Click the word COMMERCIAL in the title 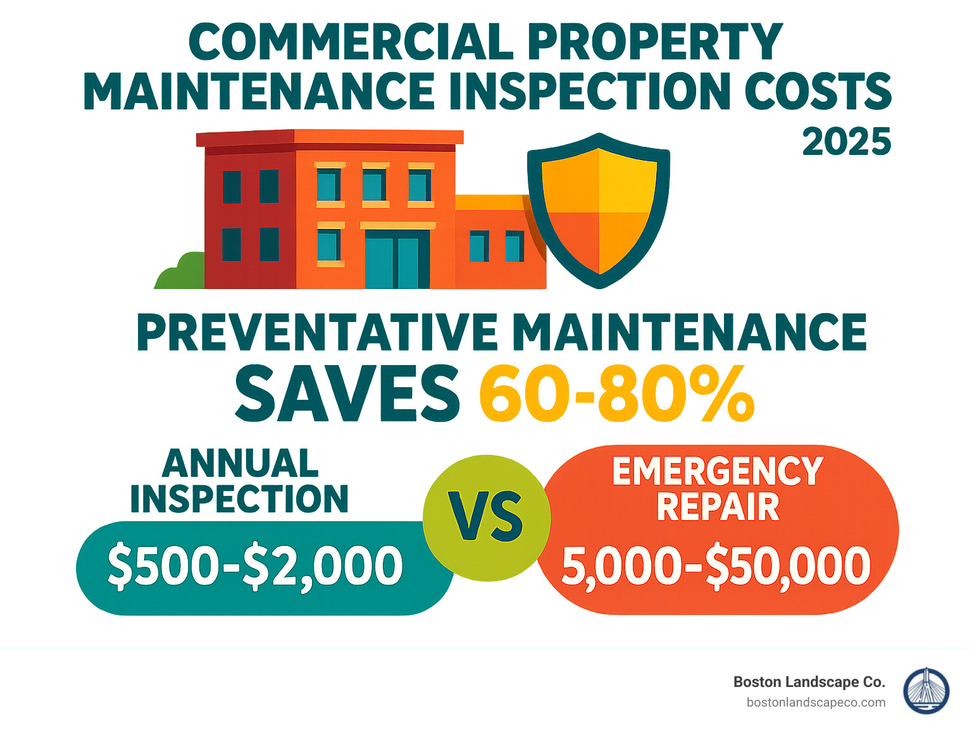pyautogui.click(x=352, y=42)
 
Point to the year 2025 pyautogui.click(x=847, y=142)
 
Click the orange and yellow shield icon pyautogui.click(x=599, y=211)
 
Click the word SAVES pyautogui.click(x=347, y=395)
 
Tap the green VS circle pyautogui.click(x=486, y=517)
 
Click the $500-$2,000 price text pyautogui.click(x=255, y=566)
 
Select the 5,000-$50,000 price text pyautogui.click(x=716, y=566)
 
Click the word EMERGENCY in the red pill pyautogui.click(x=718, y=471)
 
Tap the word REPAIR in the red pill pyautogui.click(x=718, y=507)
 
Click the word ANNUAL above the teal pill pyautogui.click(x=240, y=464)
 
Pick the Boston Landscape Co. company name pyautogui.click(x=809, y=682)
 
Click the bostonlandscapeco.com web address pyautogui.click(x=816, y=702)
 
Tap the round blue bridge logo pyautogui.click(x=926, y=691)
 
